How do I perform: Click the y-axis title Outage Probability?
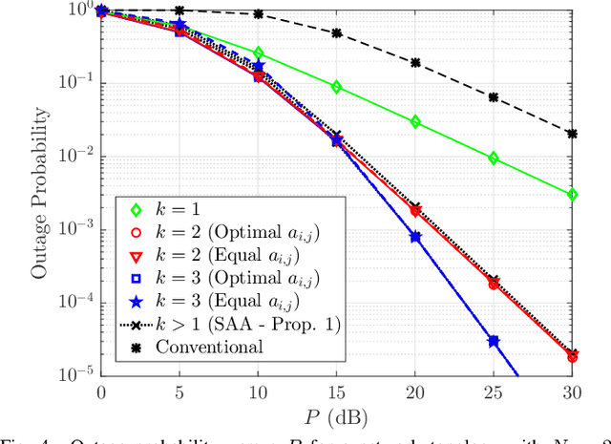[x=39, y=191]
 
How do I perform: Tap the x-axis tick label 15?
[x=336, y=391]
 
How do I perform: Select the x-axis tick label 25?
[x=493, y=391]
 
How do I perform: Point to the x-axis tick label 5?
[x=179, y=391]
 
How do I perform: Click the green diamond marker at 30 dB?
[x=571, y=195]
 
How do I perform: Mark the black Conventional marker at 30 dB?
[x=571, y=135]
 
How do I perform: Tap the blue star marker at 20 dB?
[x=414, y=236]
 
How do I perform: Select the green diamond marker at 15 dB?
[x=336, y=87]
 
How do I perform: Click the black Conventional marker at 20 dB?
[x=414, y=63]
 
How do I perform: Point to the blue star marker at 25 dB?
[x=493, y=341]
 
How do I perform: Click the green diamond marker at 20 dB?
[x=414, y=122]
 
